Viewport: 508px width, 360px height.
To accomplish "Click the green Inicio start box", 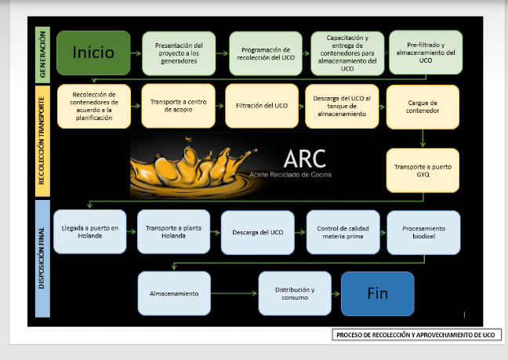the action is pyautogui.click(x=93, y=53).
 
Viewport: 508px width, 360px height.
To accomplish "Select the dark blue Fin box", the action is pyautogui.click(x=377, y=293).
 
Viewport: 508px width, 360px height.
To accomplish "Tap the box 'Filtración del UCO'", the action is pyautogui.click(x=262, y=106).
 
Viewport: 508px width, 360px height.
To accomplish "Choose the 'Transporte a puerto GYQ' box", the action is pyautogui.click(x=423, y=170).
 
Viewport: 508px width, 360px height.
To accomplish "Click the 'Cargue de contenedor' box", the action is pyautogui.click(x=423, y=107).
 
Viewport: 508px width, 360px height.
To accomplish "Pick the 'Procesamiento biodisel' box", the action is pyautogui.click(x=423, y=232).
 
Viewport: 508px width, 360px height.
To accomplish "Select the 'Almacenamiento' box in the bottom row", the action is pyautogui.click(x=174, y=293).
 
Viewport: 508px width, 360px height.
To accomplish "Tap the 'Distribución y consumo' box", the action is pyautogui.click(x=295, y=293).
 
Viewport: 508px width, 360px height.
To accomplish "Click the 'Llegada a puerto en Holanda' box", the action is pyautogui.click(x=89, y=231).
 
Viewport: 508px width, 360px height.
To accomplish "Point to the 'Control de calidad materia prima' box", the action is pyautogui.click(x=343, y=232).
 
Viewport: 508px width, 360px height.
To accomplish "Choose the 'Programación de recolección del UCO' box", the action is pyautogui.click(x=266, y=53).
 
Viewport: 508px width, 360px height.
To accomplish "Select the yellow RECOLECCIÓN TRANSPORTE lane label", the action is pyautogui.click(x=42, y=141).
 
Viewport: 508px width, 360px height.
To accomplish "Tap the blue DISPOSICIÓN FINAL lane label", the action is pyautogui.click(x=42, y=259).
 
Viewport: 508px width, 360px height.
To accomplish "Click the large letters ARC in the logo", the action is pyautogui.click(x=304, y=158).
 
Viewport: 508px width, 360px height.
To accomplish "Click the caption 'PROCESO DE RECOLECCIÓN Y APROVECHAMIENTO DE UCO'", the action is pyautogui.click(x=415, y=335).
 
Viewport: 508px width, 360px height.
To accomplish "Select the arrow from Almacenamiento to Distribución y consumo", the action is pyautogui.click(x=234, y=293).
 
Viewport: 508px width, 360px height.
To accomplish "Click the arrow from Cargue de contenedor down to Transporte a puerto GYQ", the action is pyautogui.click(x=423, y=138).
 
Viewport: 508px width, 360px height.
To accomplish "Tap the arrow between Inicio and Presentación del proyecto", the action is pyautogui.click(x=136, y=53).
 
